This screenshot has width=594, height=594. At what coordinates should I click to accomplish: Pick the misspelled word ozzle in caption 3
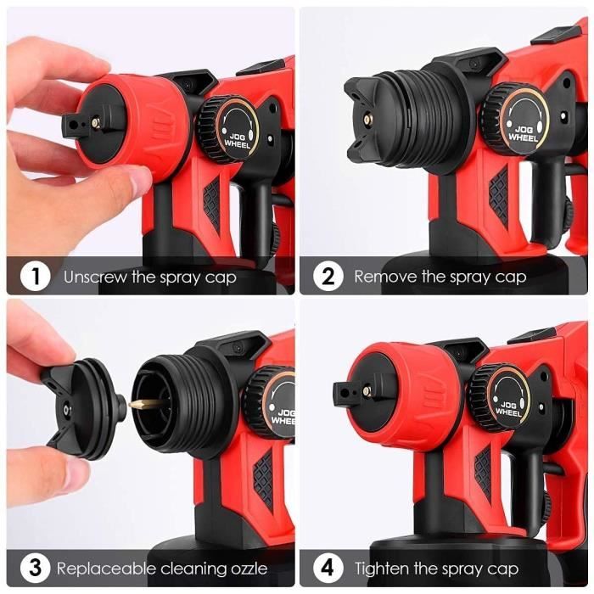245,569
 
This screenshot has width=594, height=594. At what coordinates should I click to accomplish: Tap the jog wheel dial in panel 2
521,119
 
